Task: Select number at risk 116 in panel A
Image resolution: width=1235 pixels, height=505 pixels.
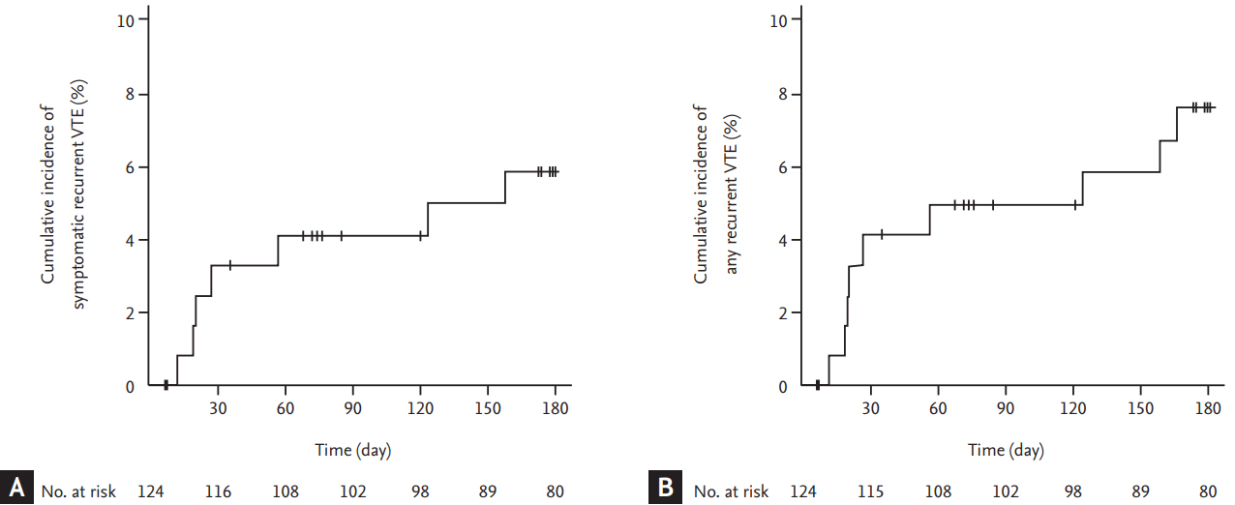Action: (218, 491)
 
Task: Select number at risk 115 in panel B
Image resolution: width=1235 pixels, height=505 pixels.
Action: (870, 491)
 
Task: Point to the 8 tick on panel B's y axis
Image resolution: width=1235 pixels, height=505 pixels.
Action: (782, 94)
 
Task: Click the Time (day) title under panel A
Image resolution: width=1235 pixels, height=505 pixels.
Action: (353, 450)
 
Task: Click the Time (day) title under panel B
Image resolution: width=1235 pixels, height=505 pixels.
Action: (1006, 450)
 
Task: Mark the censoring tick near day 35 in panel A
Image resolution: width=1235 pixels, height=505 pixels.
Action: (229, 265)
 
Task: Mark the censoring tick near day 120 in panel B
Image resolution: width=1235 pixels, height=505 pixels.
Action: (1074, 204)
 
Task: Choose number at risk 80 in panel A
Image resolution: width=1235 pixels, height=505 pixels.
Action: (555, 491)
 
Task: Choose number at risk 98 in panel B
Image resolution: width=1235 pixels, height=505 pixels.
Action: (1072, 491)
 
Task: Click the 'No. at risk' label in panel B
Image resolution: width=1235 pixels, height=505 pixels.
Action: (732, 491)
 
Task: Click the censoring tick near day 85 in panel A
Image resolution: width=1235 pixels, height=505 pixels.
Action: (341, 235)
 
